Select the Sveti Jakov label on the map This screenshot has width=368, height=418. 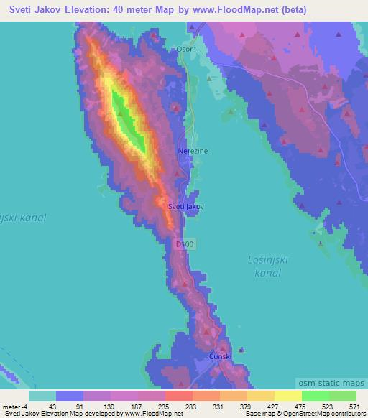pyautogui.click(x=185, y=206)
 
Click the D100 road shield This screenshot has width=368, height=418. pyautogui.click(x=184, y=245)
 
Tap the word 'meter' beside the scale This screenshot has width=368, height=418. pyautogui.click(x=12, y=407)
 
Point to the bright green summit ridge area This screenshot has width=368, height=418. pyautogui.click(x=127, y=119)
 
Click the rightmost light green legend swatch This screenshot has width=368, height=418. pyautogui.click(x=343, y=396)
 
